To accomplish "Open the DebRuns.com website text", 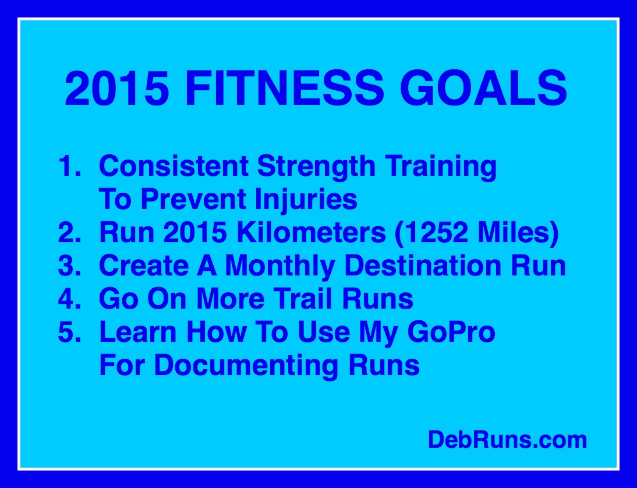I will click(x=507, y=440).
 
